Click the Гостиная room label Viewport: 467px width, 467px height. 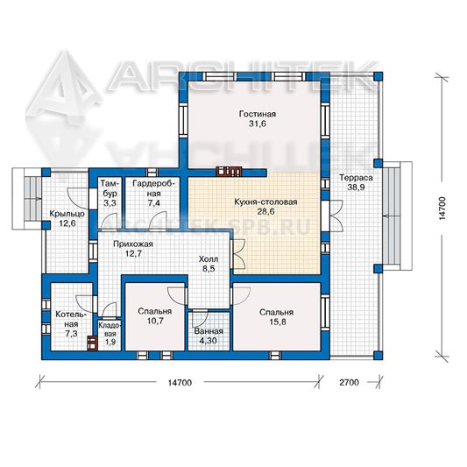(x=258, y=114)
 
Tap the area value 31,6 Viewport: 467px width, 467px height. (x=258, y=124)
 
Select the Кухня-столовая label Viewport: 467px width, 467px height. (x=265, y=202)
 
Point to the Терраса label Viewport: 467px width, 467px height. (x=356, y=178)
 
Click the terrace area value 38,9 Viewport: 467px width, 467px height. (x=356, y=188)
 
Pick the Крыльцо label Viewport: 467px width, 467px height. (x=67, y=214)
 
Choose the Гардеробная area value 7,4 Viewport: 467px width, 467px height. (x=153, y=203)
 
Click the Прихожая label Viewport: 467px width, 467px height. (x=133, y=244)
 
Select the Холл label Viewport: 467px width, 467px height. (x=209, y=259)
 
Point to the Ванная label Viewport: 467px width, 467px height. (x=209, y=331)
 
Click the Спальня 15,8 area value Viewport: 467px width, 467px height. (x=276, y=322)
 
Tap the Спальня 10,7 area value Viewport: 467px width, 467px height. (x=154, y=321)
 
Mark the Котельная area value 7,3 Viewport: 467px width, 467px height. (x=71, y=334)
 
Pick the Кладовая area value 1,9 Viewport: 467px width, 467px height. (x=110, y=343)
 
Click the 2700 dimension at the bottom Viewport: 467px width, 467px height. (x=349, y=382)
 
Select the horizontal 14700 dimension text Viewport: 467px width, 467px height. (x=180, y=382)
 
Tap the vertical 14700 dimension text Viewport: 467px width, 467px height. (x=442, y=209)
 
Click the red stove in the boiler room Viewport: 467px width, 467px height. (x=92, y=343)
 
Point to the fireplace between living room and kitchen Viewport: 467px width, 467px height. (x=229, y=172)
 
